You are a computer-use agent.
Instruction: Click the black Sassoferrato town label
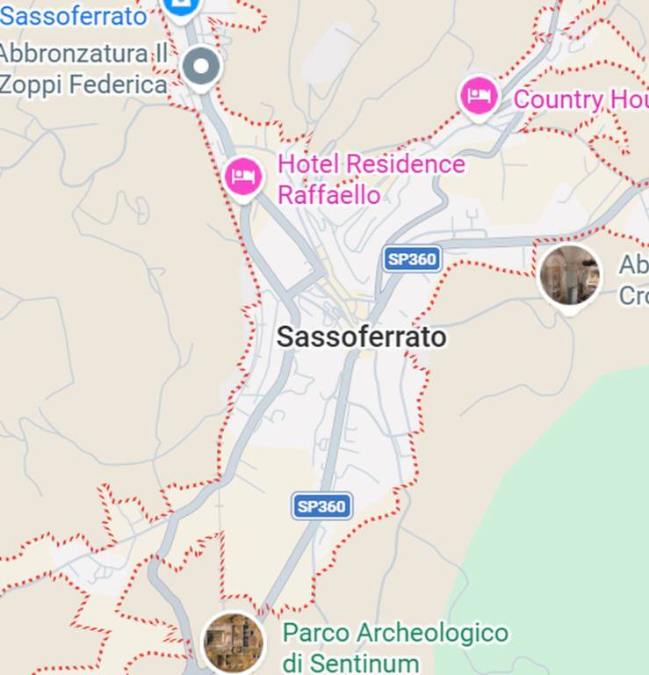click(361, 337)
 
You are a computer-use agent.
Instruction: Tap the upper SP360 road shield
click(412, 259)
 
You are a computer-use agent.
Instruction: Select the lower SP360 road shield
click(321, 506)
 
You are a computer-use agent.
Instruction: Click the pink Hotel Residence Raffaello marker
click(243, 177)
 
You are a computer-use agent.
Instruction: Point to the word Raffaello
click(328, 194)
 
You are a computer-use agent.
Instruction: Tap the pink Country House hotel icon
click(479, 96)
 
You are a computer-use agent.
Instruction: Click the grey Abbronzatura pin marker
click(202, 66)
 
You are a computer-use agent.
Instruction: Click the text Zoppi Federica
click(83, 84)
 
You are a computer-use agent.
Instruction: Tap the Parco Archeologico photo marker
click(234, 642)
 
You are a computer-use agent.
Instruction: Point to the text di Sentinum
click(350, 662)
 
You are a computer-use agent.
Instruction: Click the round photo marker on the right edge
click(570, 275)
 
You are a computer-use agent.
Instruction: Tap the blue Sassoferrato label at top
click(74, 15)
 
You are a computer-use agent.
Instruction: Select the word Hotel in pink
click(308, 164)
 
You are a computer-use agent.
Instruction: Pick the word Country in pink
click(556, 99)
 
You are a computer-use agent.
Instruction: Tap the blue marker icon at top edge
click(181, 5)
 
